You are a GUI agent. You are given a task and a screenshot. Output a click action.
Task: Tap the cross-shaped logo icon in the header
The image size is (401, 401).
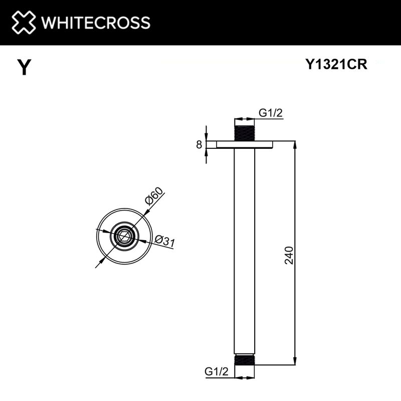(x=23, y=23)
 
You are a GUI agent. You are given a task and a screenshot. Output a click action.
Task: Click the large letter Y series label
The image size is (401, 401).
(x=23, y=67)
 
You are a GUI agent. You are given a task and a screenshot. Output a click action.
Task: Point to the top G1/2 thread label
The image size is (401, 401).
(x=271, y=113)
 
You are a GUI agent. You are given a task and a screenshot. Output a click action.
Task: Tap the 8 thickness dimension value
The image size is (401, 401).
(x=199, y=145)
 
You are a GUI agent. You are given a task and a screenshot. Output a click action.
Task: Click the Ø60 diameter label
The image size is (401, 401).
(x=154, y=196)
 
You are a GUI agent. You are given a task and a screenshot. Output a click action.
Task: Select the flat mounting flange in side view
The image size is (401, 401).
(x=245, y=145)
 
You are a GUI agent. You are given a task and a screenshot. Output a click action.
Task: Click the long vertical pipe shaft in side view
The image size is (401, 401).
(x=245, y=251)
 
